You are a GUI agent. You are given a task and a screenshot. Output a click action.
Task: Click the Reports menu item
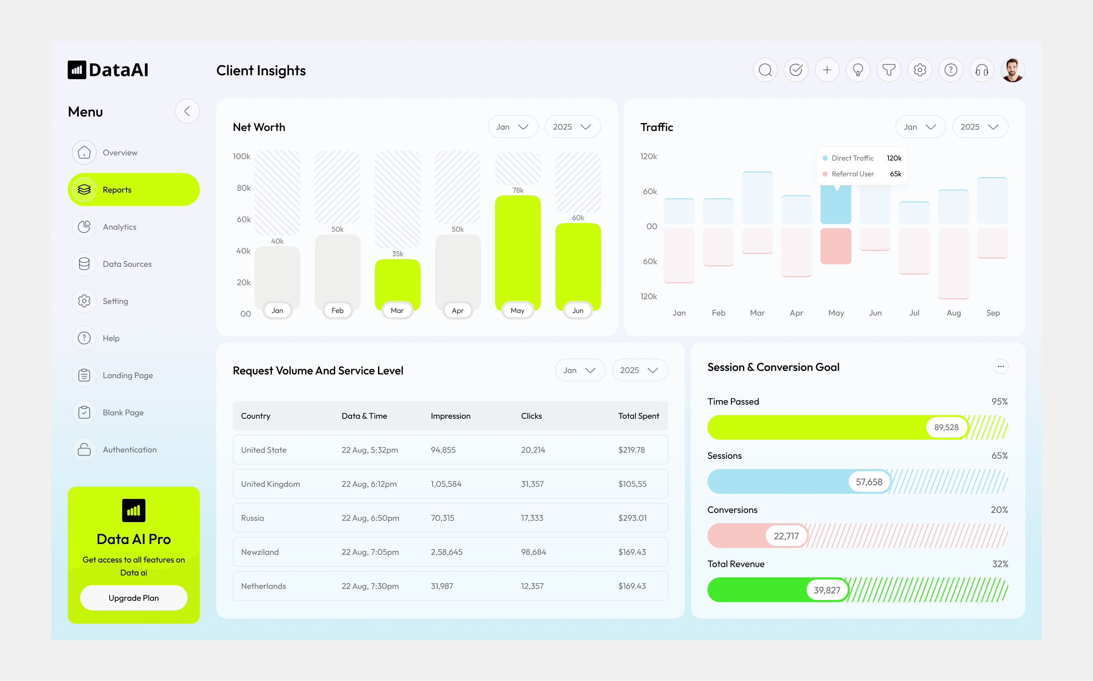(x=133, y=189)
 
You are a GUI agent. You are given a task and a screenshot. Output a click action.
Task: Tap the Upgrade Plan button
(x=133, y=598)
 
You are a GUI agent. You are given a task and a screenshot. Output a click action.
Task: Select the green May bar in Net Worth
(x=517, y=250)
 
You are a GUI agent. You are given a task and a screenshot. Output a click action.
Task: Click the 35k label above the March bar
(x=397, y=254)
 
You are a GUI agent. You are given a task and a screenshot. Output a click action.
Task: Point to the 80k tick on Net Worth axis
(x=244, y=188)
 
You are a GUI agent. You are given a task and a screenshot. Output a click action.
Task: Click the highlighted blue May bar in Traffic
(x=835, y=205)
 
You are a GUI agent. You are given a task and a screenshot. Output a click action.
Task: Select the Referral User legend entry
(x=852, y=174)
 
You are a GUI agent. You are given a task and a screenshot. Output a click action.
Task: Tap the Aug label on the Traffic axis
(x=953, y=313)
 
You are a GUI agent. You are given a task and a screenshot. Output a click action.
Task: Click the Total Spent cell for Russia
(x=632, y=518)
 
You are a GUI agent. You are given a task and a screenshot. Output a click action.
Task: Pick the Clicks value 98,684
(x=533, y=552)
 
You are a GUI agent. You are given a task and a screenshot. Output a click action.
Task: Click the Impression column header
(x=450, y=416)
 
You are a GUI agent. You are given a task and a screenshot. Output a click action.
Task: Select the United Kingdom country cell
(x=270, y=484)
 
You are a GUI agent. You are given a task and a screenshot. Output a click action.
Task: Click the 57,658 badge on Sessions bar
(x=868, y=482)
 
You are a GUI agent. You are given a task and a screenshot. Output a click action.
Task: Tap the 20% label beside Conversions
(x=999, y=510)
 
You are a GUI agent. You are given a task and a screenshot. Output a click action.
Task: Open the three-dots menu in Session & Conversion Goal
(x=1001, y=366)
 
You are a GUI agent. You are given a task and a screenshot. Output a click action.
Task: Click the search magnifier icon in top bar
(x=765, y=70)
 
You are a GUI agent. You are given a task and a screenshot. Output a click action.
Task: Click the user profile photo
(x=1012, y=70)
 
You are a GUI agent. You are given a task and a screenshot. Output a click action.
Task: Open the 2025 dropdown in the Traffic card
(x=980, y=127)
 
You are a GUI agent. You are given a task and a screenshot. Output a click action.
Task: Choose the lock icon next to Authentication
(x=84, y=449)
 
